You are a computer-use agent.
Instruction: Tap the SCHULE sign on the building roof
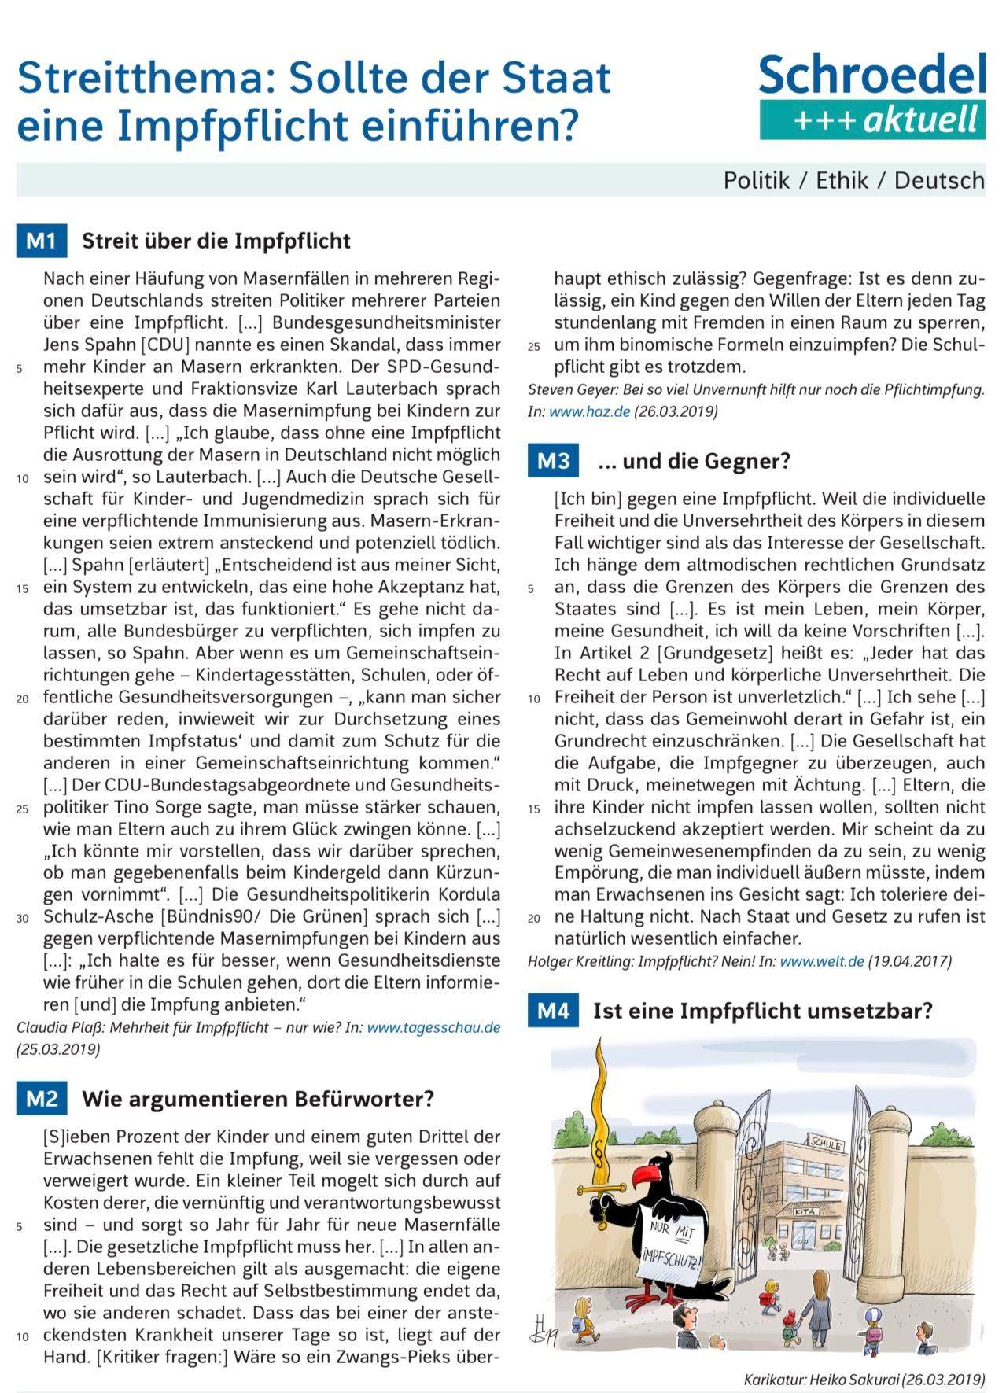click(825, 1144)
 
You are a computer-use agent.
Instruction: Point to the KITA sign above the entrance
click(805, 1212)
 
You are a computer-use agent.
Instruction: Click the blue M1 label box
click(41, 241)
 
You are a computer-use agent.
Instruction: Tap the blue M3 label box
click(553, 461)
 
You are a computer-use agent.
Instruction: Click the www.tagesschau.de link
click(433, 1027)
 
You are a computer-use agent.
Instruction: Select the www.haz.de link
click(589, 411)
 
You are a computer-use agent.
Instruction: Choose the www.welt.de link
click(822, 961)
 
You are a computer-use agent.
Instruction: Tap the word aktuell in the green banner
click(919, 120)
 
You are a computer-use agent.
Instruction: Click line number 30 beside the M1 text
click(23, 918)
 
